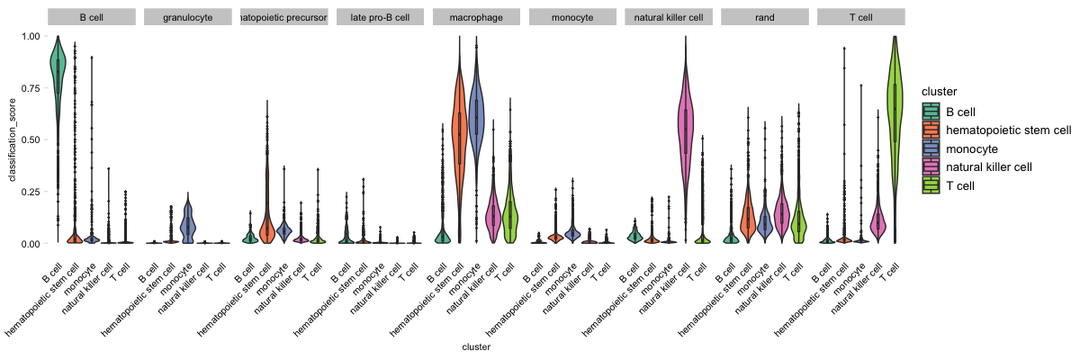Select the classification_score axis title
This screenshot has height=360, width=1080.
13,139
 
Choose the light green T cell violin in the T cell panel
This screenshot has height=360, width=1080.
895,99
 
